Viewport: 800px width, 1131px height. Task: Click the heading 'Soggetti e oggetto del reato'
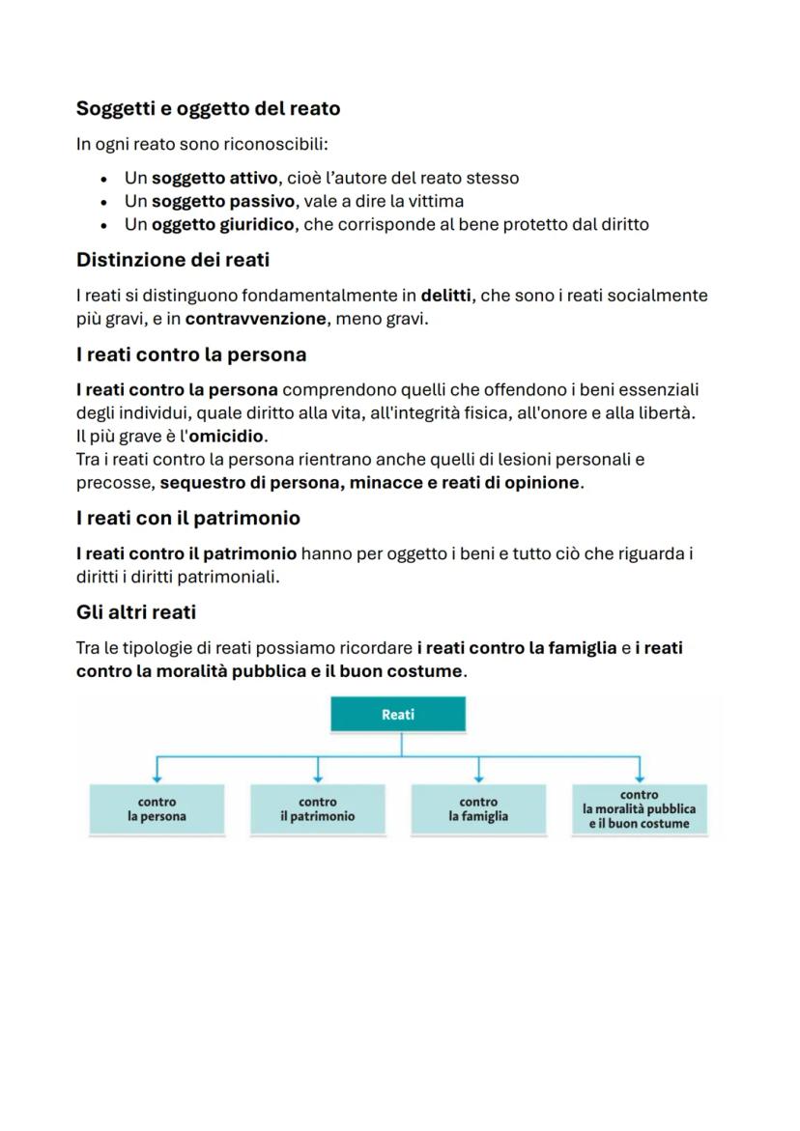(208, 109)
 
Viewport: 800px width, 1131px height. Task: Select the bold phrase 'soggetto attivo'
(215, 178)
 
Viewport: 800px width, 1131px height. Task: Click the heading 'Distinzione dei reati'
(173, 261)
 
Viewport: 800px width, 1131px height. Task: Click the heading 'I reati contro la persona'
(191, 354)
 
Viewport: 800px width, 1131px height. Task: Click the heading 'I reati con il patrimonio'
(187, 518)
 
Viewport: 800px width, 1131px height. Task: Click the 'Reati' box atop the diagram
(398, 715)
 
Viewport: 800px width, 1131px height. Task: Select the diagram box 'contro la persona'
(157, 809)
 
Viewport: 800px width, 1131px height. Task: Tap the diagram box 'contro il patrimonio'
(318, 809)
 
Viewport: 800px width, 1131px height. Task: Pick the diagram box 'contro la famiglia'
(478, 809)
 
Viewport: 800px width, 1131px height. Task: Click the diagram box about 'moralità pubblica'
(639, 809)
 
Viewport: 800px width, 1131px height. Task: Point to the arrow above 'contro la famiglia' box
(479, 769)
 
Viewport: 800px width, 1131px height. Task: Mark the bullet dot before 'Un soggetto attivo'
(103, 179)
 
